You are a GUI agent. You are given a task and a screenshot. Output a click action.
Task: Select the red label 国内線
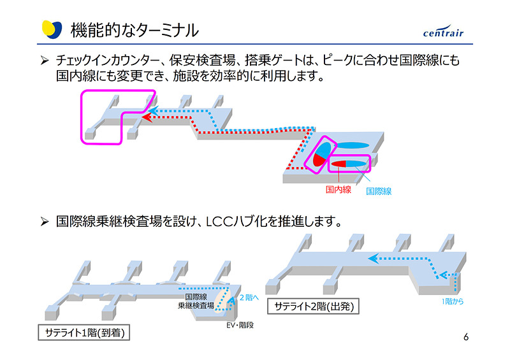click(338, 190)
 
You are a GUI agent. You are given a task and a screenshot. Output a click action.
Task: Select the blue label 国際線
click(379, 191)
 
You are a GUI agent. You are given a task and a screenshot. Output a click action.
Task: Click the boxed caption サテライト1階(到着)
click(84, 333)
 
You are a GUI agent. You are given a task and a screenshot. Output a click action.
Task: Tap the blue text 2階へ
click(249, 298)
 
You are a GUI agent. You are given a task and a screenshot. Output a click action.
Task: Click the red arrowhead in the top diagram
click(146, 117)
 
